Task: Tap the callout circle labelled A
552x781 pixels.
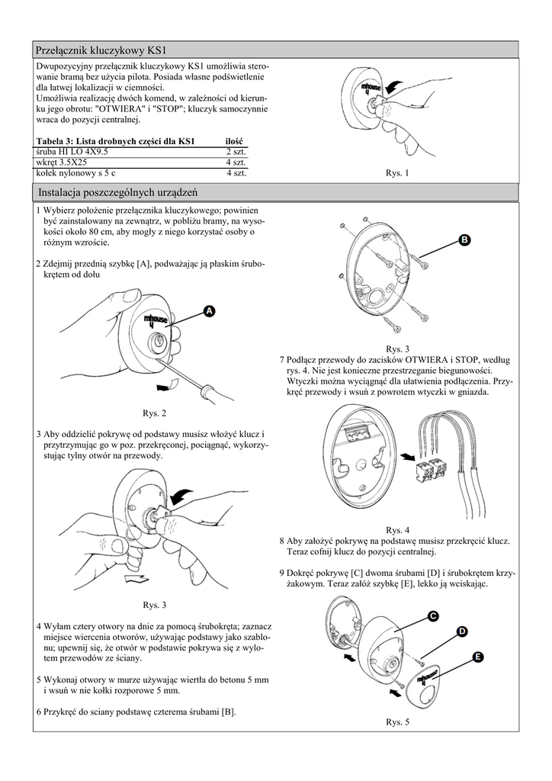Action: pyautogui.click(x=210, y=310)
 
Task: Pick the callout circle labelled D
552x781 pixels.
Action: pyautogui.click(x=461, y=631)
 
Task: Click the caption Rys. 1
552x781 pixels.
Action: pyautogui.click(x=397, y=173)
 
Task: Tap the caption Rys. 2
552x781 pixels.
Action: pyautogui.click(x=154, y=413)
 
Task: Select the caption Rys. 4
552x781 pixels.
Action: pyautogui.click(x=397, y=529)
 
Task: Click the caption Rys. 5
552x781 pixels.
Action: pyautogui.click(x=397, y=722)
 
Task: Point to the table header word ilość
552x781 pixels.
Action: pyautogui.click(x=233, y=142)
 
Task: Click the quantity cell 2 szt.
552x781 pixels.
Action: pyautogui.click(x=235, y=152)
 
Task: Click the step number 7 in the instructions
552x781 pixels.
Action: pyautogui.click(x=282, y=359)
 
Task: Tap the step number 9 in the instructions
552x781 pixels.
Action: pyautogui.click(x=282, y=573)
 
